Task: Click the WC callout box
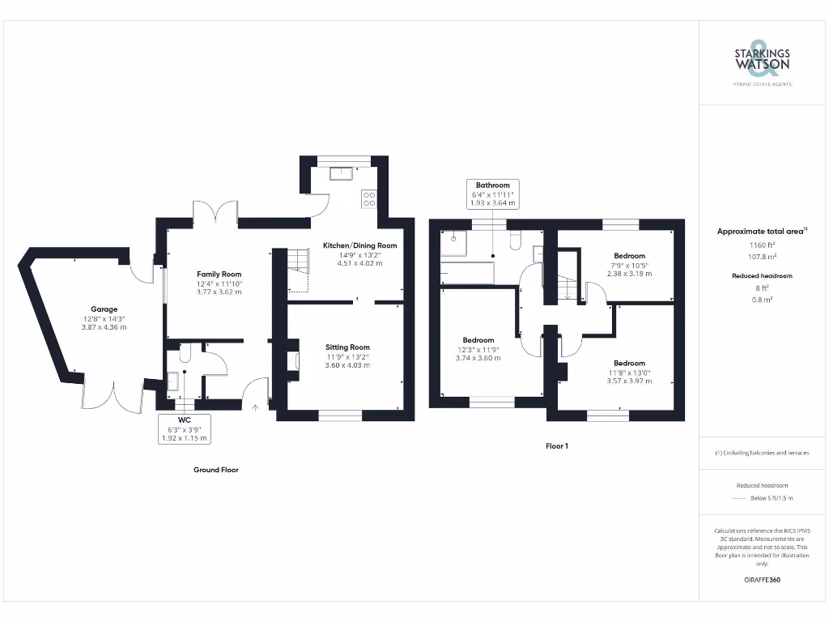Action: (x=185, y=428)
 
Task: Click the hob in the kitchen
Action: (x=369, y=198)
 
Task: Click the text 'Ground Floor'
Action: (x=216, y=470)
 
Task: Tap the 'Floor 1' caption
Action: (x=556, y=446)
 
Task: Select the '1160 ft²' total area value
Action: (x=762, y=244)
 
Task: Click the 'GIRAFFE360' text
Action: (x=762, y=580)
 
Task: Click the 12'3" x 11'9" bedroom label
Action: (x=478, y=349)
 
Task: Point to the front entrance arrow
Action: (x=256, y=409)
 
